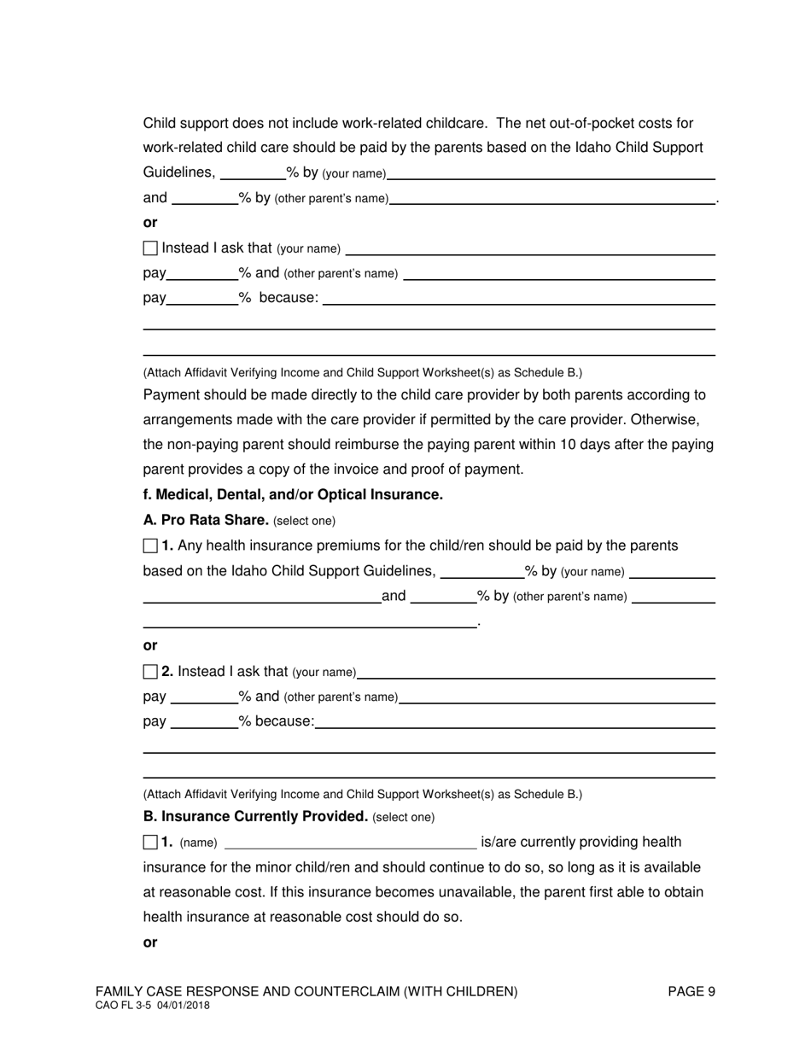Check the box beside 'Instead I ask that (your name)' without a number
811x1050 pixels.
coord(151,248)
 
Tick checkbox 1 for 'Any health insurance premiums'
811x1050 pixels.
coord(151,545)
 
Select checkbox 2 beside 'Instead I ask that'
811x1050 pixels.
coord(151,672)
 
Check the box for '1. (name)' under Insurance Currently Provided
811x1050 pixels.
coord(151,843)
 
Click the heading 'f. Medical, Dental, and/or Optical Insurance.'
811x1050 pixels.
coord(293,494)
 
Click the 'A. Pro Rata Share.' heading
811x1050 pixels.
coord(206,520)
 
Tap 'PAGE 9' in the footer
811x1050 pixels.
coord(691,991)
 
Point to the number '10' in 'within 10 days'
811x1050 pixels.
coord(499,445)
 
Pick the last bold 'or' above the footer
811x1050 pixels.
coord(150,942)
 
